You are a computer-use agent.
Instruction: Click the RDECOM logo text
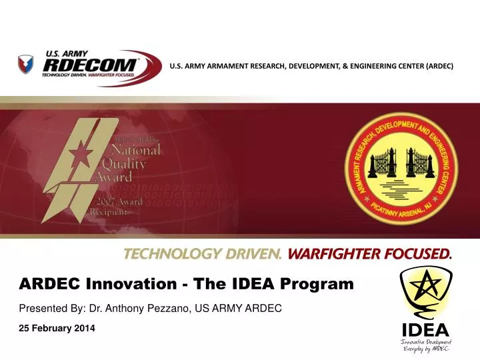pos(90,65)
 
